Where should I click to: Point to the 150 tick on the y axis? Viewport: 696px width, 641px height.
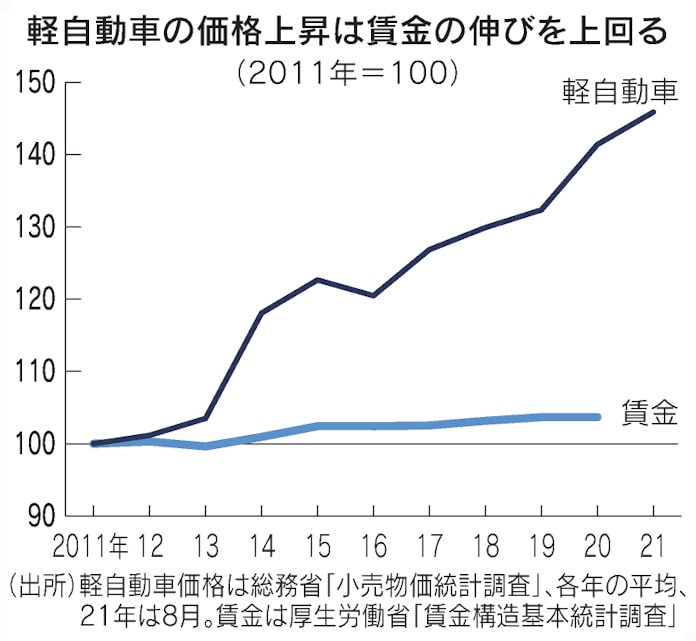click(33, 83)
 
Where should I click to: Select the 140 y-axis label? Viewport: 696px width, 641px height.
click(33, 155)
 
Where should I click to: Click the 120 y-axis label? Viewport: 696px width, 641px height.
click(33, 299)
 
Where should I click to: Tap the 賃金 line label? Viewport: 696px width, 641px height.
click(652, 414)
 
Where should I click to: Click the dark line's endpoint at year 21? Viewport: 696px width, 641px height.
click(654, 112)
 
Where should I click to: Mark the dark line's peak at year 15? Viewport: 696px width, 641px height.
click(317, 280)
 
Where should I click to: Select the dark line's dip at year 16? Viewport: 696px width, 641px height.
click(373, 295)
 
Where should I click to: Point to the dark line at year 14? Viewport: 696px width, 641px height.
click(261, 313)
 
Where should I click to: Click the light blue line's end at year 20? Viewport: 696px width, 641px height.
click(598, 417)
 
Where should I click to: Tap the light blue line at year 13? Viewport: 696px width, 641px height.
click(205, 446)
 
